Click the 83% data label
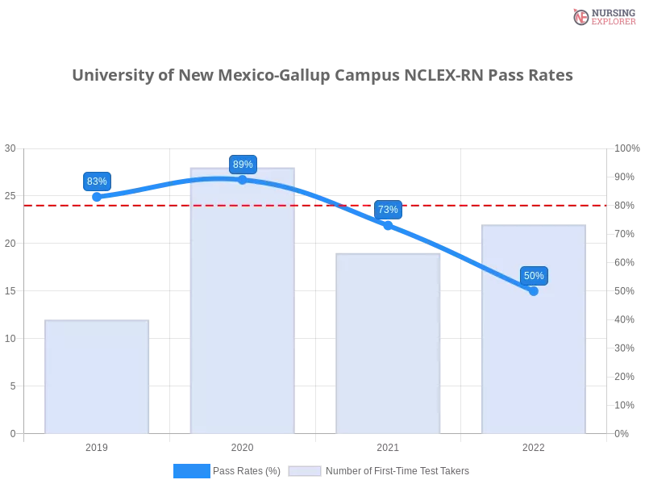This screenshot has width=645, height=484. coord(97,181)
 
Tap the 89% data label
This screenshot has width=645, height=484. coord(243,165)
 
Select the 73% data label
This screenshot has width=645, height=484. coord(388,210)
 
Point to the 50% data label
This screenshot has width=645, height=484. coord(534,276)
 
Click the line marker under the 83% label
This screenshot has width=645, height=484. coord(97,197)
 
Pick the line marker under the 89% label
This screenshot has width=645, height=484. coord(243,180)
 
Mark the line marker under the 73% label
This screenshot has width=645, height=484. coord(388,226)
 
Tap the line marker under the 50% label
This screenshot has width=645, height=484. coord(534,290)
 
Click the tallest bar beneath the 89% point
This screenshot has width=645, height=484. coord(242,323)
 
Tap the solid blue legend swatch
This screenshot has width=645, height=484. coord(191,470)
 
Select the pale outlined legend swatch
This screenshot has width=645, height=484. coord(305,471)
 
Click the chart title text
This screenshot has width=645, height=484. coord(322,76)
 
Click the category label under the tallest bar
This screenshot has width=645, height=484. coord(242,445)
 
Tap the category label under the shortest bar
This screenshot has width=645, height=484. coord(97,445)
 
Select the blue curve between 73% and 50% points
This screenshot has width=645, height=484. coord(464,257)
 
